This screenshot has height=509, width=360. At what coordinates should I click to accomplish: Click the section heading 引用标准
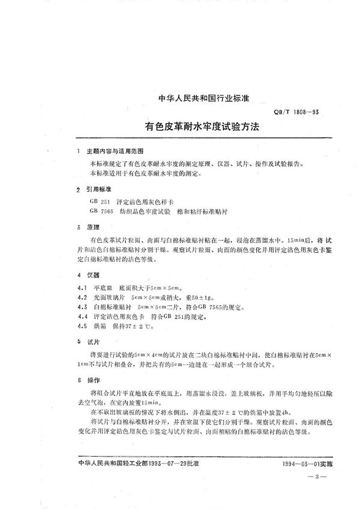coord(99,188)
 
